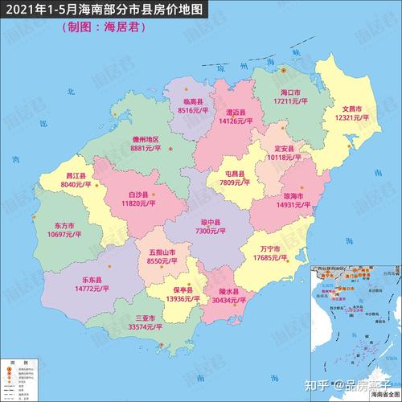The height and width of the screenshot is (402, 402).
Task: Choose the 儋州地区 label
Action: point(146,139)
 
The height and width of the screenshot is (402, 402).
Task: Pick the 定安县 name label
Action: point(285,148)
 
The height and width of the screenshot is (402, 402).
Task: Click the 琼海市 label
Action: point(293,195)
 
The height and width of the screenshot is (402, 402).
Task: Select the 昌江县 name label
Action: point(77,175)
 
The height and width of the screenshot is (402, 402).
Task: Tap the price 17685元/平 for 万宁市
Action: point(269,258)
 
